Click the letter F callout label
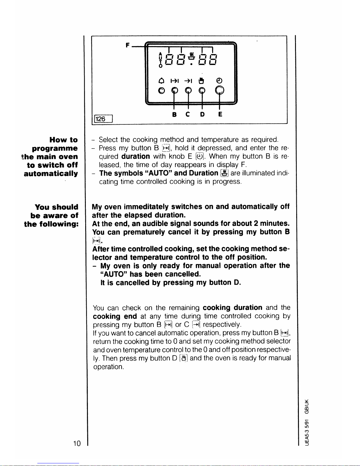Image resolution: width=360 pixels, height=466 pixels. [127, 45]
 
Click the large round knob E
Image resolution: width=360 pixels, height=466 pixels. [220, 91]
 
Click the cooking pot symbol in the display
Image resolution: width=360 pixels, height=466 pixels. [192, 56]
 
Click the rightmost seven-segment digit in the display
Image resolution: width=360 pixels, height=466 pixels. [213, 60]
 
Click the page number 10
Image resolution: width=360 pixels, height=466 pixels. [77, 443]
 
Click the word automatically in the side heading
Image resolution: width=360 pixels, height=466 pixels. [51, 174]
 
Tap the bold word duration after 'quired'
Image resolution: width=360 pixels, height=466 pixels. [135, 156]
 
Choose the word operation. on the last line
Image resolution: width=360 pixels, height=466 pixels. [108, 367]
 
